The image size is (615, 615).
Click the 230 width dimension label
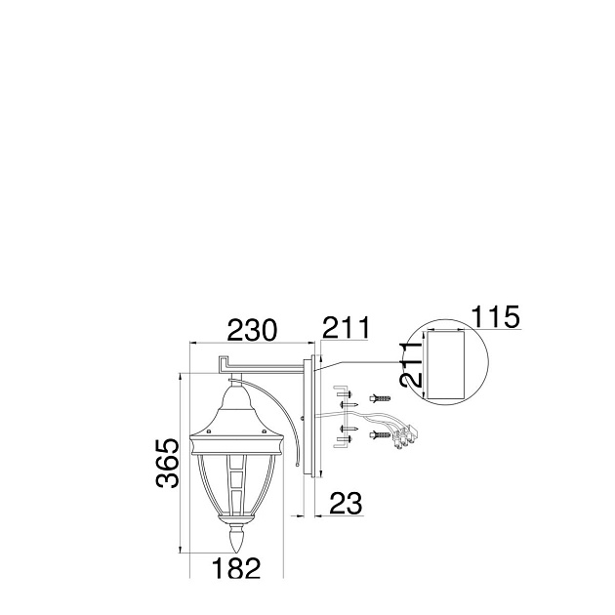pyautogui.click(x=252, y=330)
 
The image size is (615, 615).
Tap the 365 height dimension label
pyautogui.click(x=168, y=464)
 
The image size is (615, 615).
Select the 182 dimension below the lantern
pyautogui.click(x=236, y=568)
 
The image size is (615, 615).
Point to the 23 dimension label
pyautogui.click(x=347, y=503)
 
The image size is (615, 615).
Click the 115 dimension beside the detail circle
pyautogui.click(x=495, y=316)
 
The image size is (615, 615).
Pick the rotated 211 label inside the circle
pyautogui.click(x=411, y=364)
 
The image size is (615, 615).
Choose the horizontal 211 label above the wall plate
pyautogui.click(x=346, y=327)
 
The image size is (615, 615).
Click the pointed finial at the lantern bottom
pyautogui.click(x=237, y=539)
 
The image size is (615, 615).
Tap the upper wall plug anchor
pyautogui.click(x=380, y=398)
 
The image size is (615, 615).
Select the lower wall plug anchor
pyautogui.click(x=380, y=434)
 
